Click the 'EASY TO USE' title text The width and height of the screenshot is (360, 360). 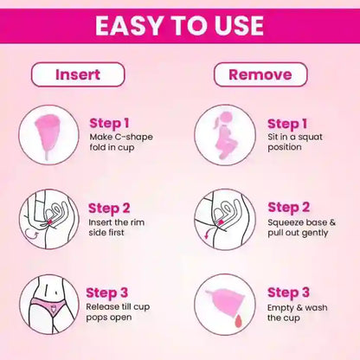[179, 25]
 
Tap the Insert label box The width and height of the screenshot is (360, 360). [78, 74]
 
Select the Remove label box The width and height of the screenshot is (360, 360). [260, 74]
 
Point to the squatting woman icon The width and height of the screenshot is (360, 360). [224, 135]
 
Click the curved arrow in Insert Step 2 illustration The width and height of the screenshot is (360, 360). [31, 234]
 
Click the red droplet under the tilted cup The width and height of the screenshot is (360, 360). [238, 321]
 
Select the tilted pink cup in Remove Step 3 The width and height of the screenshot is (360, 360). [227, 301]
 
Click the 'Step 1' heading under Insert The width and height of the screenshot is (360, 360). [109, 124]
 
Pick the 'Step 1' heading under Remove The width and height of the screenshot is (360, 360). [287, 124]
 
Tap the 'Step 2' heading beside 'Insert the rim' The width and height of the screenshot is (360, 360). [109, 209]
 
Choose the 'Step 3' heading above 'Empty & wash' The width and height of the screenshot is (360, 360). [288, 292]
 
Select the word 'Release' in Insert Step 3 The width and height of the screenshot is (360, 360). [103, 306]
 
